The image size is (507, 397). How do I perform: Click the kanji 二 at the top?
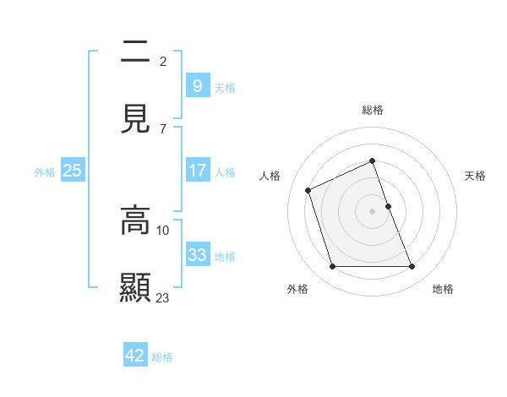[x=135, y=53]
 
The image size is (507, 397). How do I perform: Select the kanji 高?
[x=135, y=220]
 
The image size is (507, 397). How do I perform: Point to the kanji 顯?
[x=135, y=287]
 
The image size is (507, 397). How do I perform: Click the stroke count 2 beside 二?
[x=163, y=61]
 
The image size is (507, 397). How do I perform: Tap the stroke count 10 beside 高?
[x=163, y=230]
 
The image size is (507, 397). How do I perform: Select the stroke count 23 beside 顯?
[x=163, y=297]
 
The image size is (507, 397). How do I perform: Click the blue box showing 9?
[x=197, y=85]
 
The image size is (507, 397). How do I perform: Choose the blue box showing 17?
[x=197, y=171]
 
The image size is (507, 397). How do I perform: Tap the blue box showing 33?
[x=197, y=254]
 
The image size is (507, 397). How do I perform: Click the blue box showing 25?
[x=73, y=171]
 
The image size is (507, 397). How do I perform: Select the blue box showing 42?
[x=134, y=356]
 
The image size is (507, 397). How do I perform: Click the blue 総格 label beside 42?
[x=162, y=357]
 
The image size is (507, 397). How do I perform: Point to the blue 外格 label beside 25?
[x=45, y=172]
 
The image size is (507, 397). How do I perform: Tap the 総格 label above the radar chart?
[x=373, y=110]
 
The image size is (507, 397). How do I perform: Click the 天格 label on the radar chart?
[x=475, y=176]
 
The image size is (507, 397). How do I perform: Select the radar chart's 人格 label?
[x=270, y=176]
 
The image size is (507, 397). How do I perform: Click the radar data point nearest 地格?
[x=412, y=267]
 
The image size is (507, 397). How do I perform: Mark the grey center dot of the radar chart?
[x=373, y=210]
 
